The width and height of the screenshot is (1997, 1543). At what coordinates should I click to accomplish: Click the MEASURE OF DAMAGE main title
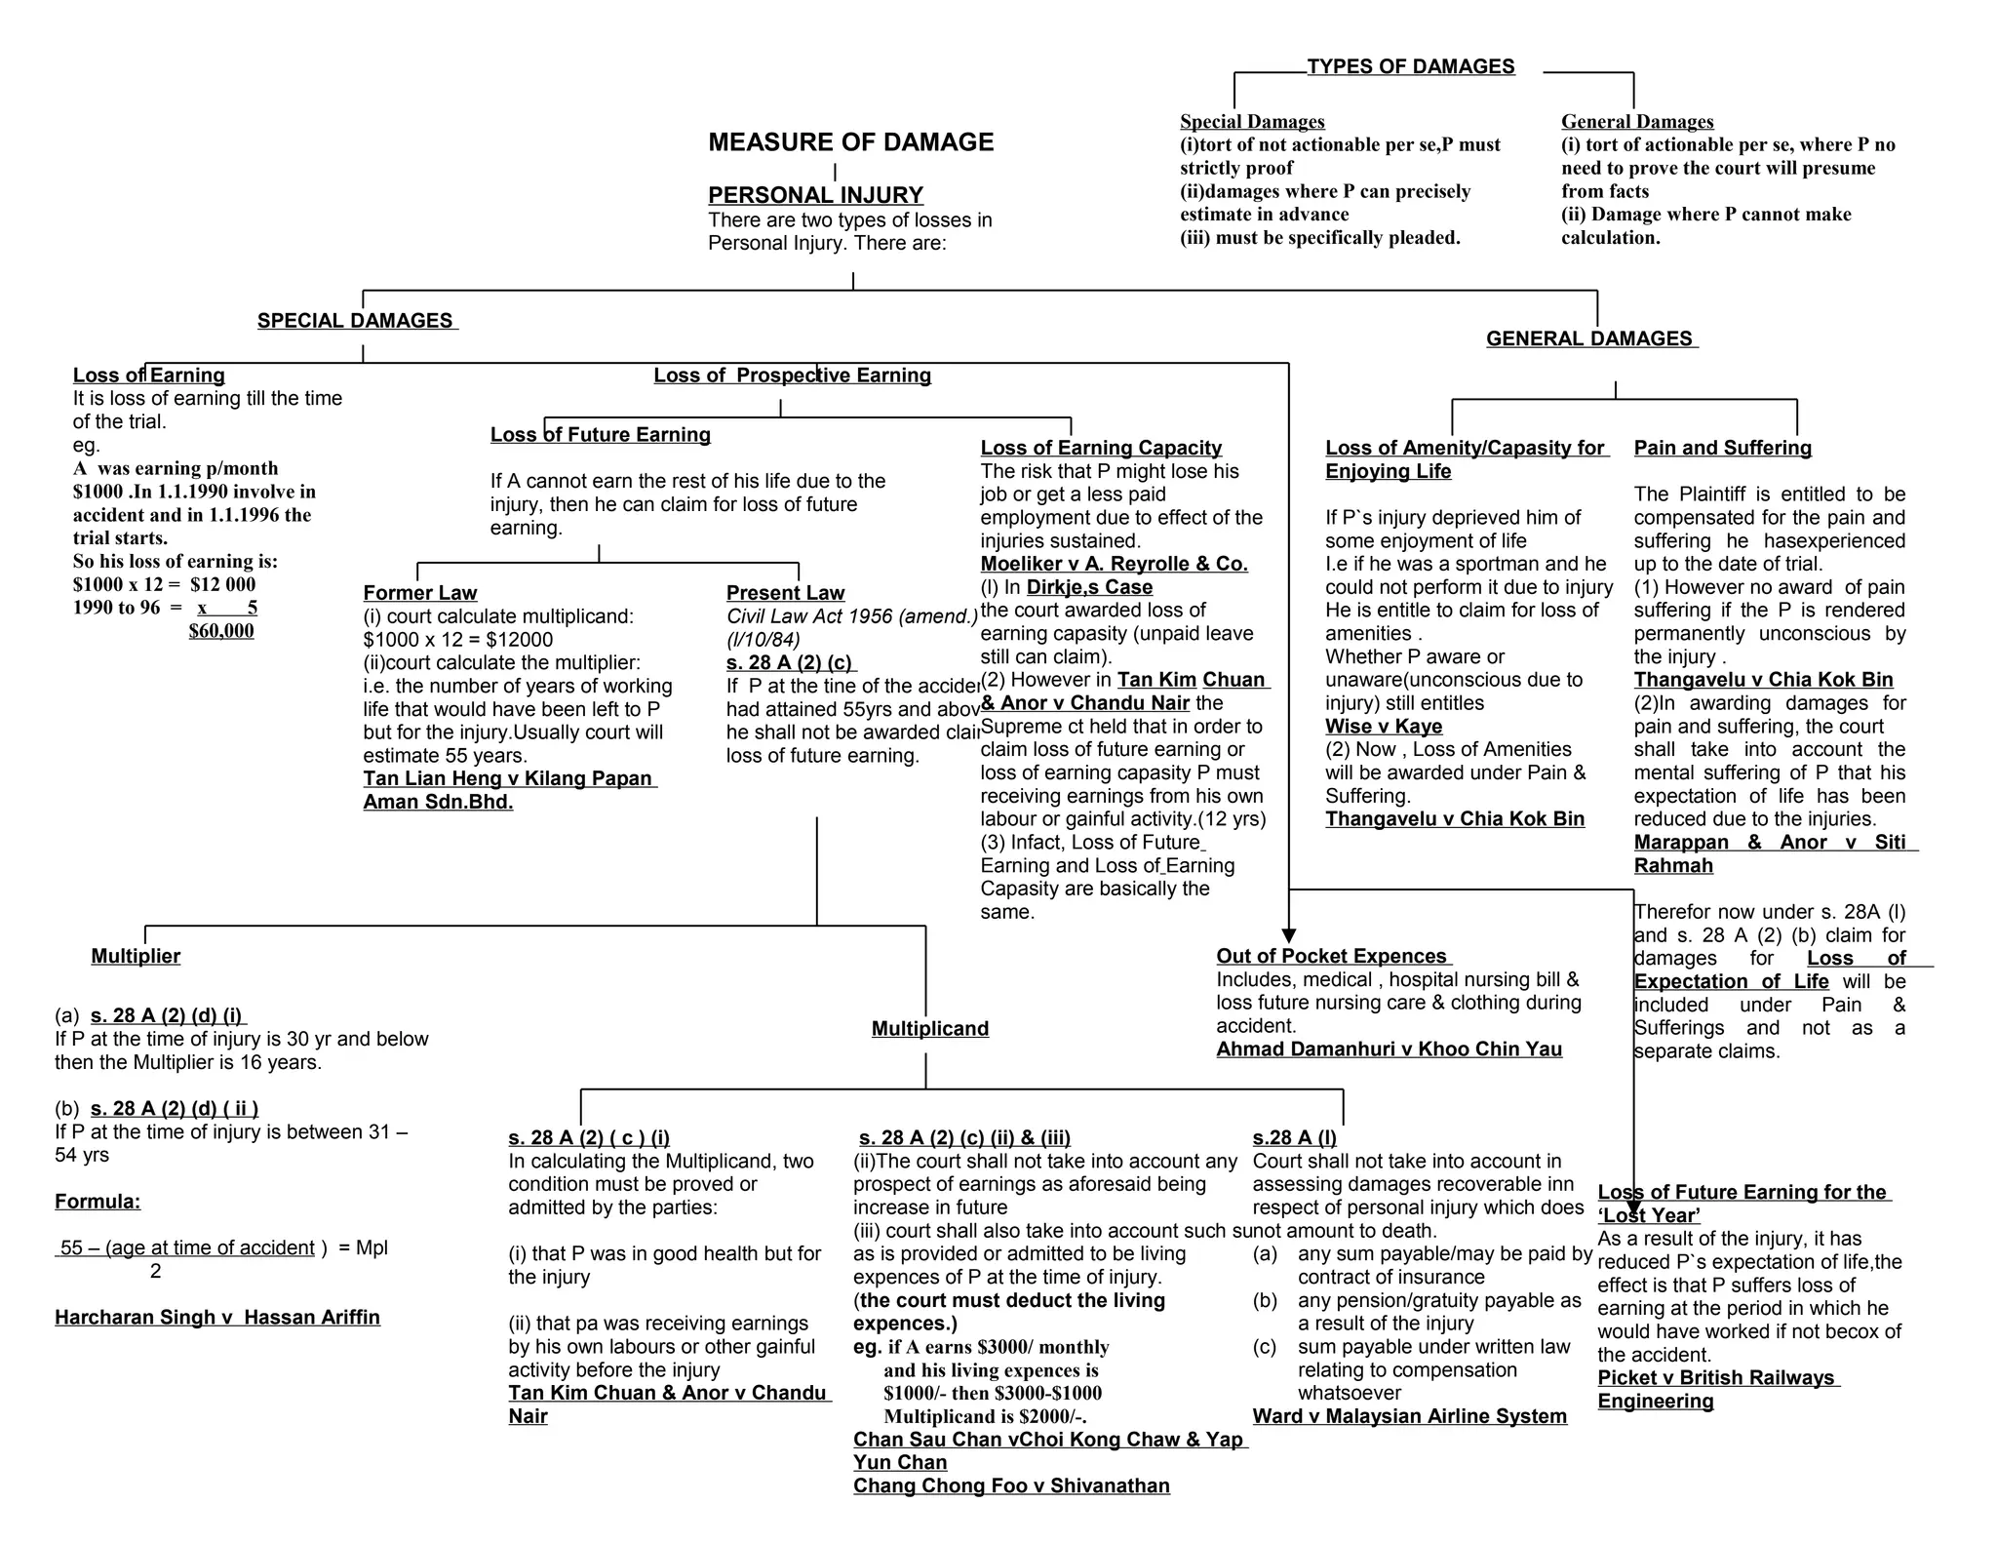[850, 142]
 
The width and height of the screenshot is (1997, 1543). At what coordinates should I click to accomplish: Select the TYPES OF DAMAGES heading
[1410, 66]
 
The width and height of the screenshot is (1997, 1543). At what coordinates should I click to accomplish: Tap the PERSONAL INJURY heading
[815, 195]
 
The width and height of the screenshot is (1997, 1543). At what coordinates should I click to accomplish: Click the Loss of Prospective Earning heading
[792, 376]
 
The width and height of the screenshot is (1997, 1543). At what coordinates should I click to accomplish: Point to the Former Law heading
[420, 593]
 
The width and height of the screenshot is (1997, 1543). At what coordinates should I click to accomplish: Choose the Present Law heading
[785, 593]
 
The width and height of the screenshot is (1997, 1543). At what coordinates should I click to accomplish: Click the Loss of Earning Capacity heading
[1101, 448]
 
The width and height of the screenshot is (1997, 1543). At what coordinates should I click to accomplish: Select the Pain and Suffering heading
[1722, 448]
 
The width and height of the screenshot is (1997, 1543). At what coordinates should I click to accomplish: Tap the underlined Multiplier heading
[136, 956]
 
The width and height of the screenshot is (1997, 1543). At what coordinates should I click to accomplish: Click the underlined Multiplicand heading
[929, 1028]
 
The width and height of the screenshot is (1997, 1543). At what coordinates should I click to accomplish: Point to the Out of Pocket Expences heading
[1331, 956]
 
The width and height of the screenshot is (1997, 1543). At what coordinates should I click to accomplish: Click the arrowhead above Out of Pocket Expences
[1288, 935]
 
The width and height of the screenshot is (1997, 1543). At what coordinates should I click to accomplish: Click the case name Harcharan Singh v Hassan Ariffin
[217, 1318]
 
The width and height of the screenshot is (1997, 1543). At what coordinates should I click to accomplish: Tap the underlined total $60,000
[221, 631]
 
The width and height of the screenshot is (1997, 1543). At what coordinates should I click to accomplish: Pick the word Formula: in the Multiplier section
[98, 1202]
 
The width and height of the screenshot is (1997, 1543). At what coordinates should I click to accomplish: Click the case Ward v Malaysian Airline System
[1409, 1416]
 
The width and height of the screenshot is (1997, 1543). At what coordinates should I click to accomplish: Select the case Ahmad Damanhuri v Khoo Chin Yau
[1389, 1049]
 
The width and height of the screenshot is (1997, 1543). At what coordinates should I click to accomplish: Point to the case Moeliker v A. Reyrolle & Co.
[1114, 564]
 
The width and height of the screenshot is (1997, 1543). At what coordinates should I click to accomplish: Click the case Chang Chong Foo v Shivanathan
[1011, 1485]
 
